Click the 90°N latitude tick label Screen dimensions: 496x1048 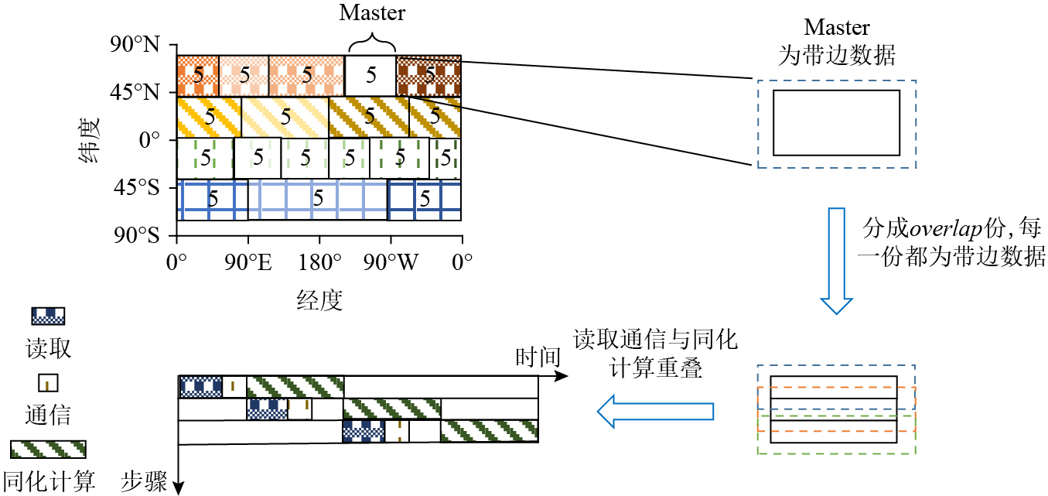[136, 46]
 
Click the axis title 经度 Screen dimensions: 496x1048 [319, 299]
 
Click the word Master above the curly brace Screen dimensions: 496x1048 [372, 12]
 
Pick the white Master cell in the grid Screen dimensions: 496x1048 [370, 75]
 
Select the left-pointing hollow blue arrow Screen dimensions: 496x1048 [657, 411]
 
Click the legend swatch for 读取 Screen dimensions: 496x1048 [48, 316]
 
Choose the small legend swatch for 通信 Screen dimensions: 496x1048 [48, 382]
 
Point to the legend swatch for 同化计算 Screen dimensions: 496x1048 [48, 450]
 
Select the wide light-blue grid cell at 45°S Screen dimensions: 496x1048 [317, 200]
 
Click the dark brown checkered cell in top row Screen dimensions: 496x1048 [428, 75]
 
